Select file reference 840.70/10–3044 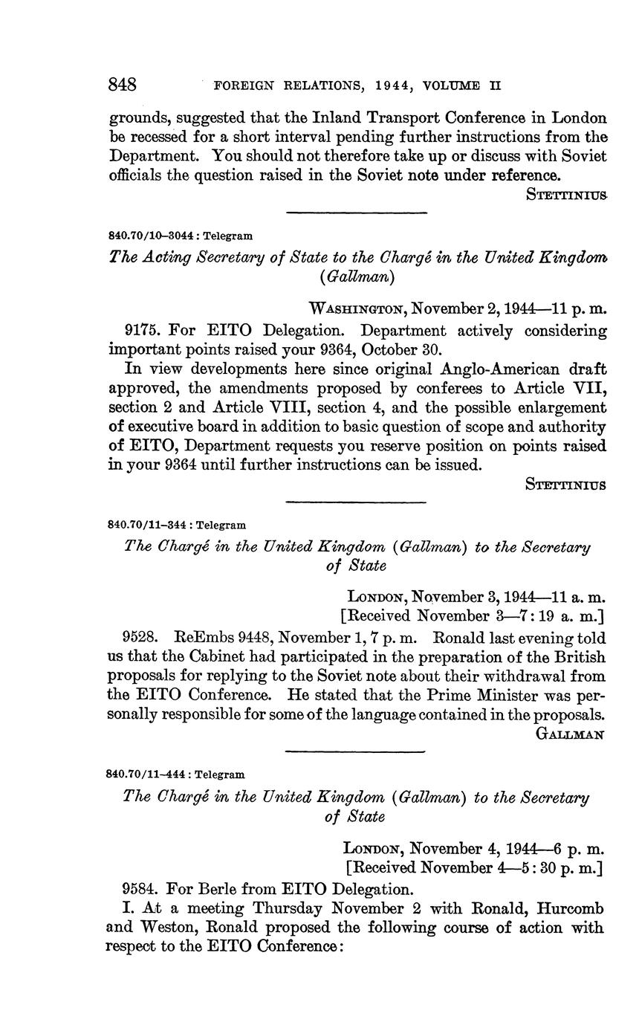coord(147,236)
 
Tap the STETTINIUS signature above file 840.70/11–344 coord(565,485)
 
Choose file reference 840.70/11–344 coord(146,525)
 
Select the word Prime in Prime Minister coord(447,696)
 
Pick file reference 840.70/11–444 coord(146,775)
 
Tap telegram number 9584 coord(139,889)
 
